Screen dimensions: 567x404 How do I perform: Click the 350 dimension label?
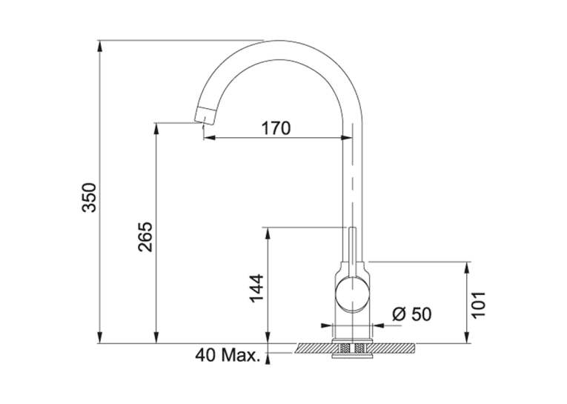click(x=90, y=197)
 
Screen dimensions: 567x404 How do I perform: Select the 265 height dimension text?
click(x=145, y=236)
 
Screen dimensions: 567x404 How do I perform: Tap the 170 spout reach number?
click(x=276, y=128)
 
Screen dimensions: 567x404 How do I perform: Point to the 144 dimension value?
click(x=256, y=288)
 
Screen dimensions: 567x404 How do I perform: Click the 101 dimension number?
click(x=479, y=304)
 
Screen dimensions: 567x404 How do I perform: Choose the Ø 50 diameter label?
click(x=412, y=314)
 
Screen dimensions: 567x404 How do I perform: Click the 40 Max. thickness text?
click(x=228, y=355)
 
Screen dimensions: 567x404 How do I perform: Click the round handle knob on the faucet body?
click(x=353, y=294)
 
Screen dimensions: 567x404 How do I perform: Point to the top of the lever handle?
click(x=353, y=228)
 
